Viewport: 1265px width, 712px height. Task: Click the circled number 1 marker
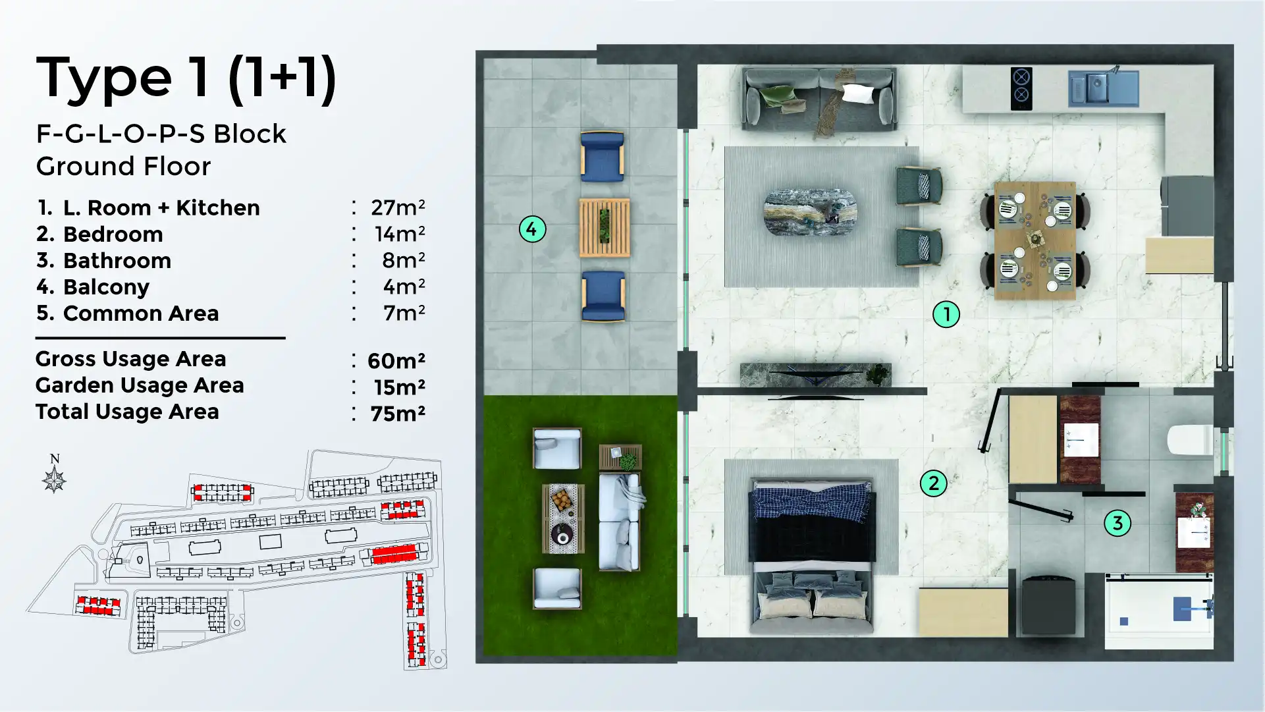pyautogui.click(x=946, y=314)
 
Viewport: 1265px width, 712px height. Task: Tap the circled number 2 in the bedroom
pyautogui.click(x=933, y=483)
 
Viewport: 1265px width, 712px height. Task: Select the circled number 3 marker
pyautogui.click(x=1117, y=524)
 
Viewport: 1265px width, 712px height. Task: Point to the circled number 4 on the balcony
pyautogui.click(x=532, y=229)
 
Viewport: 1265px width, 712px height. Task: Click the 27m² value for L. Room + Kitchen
pyautogui.click(x=398, y=207)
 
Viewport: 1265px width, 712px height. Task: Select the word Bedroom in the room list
pyautogui.click(x=113, y=234)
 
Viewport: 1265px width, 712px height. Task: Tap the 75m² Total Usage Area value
pyautogui.click(x=398, y=413)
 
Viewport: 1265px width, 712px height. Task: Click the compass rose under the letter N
pyautogui.click(x=54, y=480)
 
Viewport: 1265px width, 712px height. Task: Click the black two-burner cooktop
pyautogui.click(x=1021, y=88)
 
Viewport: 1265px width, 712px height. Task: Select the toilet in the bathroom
pyautogui.click(x=1191, y=441)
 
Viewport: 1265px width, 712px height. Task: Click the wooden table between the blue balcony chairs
pyautogui.click(x=605, y=227)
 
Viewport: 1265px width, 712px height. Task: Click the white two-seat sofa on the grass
pyautogui.click(x=619, y=522)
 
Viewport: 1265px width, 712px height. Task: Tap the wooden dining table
pyautogui.click(x=1035, y=240)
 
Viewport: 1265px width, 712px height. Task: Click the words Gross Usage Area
pyautogui.click(x=130, y=359)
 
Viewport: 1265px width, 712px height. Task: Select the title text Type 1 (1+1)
pyautogui.click(x=186, y=78)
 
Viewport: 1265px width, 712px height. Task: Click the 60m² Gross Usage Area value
pyautogui.click(x=396, y=360)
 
